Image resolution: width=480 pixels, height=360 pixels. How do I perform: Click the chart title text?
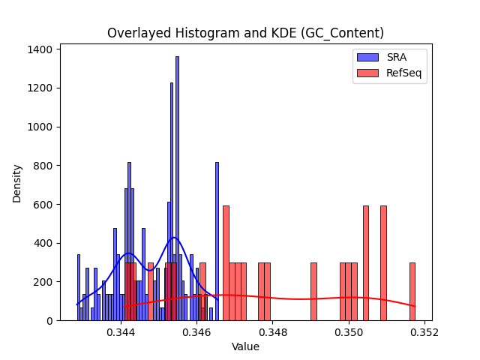point(245,33)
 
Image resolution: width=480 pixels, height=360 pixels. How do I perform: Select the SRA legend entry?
point(382,57)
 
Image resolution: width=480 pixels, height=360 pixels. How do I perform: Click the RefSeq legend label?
point(403,73)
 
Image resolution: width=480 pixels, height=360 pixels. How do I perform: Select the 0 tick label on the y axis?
point(50,321)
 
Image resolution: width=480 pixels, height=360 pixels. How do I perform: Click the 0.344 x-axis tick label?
point(121,332)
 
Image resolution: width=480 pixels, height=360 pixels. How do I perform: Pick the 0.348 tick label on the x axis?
point(273,332)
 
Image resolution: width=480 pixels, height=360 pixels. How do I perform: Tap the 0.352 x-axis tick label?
point(424,332)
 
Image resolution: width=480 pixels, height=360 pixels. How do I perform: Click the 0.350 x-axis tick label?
point(349,332)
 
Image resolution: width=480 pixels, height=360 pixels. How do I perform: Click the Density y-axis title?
point(16,184)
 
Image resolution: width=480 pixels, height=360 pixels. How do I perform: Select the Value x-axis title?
point(245,346)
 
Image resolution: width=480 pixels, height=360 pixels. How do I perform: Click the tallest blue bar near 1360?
point(177,188)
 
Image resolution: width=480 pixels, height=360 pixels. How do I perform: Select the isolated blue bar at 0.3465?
point(217,241)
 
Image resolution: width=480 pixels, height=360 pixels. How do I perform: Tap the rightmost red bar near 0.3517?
point(412,292)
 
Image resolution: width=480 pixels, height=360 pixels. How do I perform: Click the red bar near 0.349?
point(313,292)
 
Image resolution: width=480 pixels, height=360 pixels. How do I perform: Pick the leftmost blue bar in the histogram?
point(79,288)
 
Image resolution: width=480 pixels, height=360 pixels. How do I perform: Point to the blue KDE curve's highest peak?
point(174,238)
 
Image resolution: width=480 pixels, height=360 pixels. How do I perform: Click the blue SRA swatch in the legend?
point(367,57)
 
